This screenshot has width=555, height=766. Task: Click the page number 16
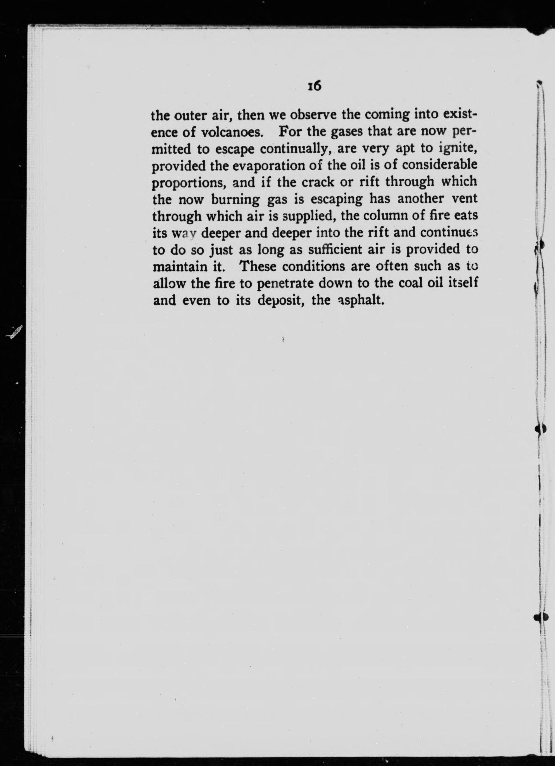click(x=314, y=87)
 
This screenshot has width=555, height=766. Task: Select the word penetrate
click(x=284, y=284)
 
